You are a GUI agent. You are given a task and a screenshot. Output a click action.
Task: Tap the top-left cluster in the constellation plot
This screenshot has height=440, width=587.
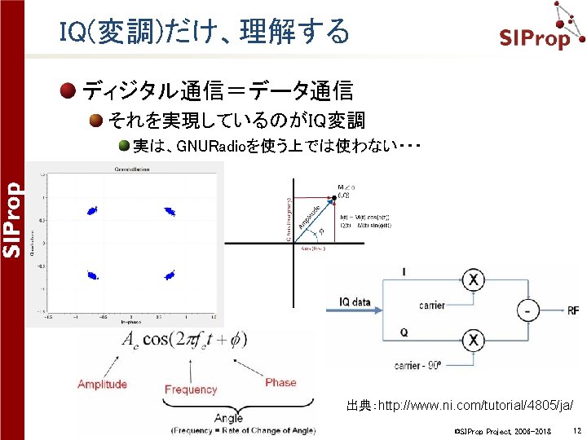click(90, 209)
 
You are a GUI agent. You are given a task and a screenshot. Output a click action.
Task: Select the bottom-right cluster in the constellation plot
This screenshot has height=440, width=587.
click(170, 275)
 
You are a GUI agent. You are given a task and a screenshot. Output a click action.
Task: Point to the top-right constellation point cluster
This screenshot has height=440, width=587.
click(170, 211)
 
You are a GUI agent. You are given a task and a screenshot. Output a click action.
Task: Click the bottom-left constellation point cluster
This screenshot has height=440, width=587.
click(91, 275)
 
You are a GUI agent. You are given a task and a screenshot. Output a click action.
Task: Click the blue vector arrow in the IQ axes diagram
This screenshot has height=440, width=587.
click(313, 220)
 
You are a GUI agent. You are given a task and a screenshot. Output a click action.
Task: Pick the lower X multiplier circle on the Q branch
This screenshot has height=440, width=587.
click(473, 340)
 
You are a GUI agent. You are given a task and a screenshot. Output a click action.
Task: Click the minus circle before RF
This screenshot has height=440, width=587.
click(529, 310)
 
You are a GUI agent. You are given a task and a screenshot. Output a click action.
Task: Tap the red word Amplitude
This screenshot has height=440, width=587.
click(102, 384)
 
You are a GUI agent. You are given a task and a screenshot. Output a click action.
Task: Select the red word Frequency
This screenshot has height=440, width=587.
click(191, 389)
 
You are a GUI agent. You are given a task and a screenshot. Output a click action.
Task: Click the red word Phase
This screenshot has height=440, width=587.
click(280, 382)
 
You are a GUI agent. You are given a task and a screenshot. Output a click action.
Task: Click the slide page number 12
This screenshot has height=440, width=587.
click(576, 429)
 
